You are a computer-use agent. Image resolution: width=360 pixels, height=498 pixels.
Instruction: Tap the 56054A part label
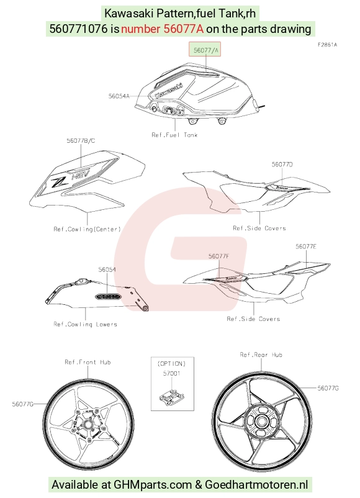pyautogui.click(x=119, y=96)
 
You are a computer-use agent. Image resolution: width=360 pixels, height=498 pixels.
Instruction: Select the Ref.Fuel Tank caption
pyautogui.click(x=174, y=135)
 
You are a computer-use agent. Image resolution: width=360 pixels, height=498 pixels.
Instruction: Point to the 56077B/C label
pyautogui.click(x=81, y=140)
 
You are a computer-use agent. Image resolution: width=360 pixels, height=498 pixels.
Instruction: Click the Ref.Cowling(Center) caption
pyautogui.click(x=88, y=229)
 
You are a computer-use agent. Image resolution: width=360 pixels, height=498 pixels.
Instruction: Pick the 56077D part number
pyautogui.click(x=282, y=164)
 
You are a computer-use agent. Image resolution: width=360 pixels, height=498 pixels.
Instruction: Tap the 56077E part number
pyautogui.click(x=306, y=247)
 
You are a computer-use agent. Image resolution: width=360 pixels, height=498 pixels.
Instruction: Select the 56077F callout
pyautogui.click(x=218, y=256)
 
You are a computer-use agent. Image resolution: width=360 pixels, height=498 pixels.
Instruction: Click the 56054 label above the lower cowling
pyautogui.click(x=107, y=269)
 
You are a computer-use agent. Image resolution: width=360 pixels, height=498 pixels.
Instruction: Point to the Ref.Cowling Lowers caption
pyautogui.click(x=86, y=324)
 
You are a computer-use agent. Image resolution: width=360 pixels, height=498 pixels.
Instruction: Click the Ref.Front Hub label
pyautogui.click(x=88, y=362)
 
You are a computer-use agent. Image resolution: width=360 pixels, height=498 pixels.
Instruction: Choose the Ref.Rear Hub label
pyautogui.click(x=261, y=355)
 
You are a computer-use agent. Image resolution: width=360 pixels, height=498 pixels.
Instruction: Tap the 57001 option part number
pyautogui.click(x=172, y=373)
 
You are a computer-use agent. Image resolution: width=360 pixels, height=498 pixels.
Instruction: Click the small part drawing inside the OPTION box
pyautogui.click(x=172, y=396)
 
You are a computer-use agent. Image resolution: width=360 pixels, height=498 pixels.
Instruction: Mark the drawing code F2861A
pyautogui.click(x=327, y=45)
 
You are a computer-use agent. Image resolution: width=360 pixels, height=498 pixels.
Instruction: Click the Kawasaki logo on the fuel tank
pyautogui.click(x=169, y=91)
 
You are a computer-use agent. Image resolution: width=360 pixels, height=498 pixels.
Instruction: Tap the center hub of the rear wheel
pyautogui.click(x=261, y=422)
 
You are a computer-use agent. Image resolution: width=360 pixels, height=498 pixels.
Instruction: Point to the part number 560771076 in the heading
pyautogui.click(x=78, y=29)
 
